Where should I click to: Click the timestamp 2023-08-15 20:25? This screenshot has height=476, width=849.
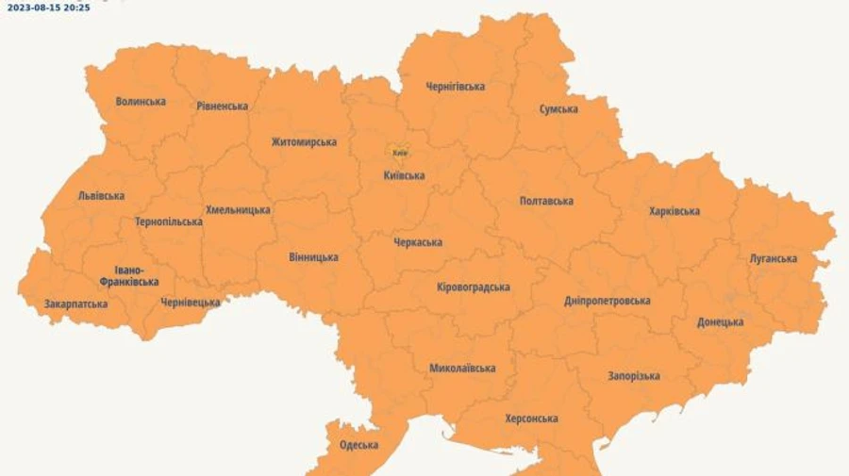(49, 7)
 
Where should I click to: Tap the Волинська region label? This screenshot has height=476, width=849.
(141, 102)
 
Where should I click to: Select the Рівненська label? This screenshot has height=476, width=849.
(223, 107)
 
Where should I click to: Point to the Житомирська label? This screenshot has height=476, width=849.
(304, 142)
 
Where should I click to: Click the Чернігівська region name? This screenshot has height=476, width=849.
(456, 87)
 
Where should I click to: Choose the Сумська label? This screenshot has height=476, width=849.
(558, 109)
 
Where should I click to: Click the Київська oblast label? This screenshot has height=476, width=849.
(404, 175)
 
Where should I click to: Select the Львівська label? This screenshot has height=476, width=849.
(101, 196)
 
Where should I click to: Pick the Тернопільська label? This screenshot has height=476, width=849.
(169, 222)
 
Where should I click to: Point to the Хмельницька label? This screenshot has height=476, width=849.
(238, 210)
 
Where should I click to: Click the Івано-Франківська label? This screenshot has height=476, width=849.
(129, 275)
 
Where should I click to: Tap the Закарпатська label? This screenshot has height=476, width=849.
(75, 304)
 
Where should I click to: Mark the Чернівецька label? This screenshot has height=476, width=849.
(191, 303)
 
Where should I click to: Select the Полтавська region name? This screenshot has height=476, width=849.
(546, 201)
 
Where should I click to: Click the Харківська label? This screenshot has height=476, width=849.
(674, 211)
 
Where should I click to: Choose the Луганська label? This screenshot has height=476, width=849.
(774, 258)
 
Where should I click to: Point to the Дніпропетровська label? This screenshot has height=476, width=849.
(608, 301)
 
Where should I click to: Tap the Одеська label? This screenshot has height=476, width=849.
(358, 445)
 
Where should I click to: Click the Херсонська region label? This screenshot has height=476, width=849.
(531, 419)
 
